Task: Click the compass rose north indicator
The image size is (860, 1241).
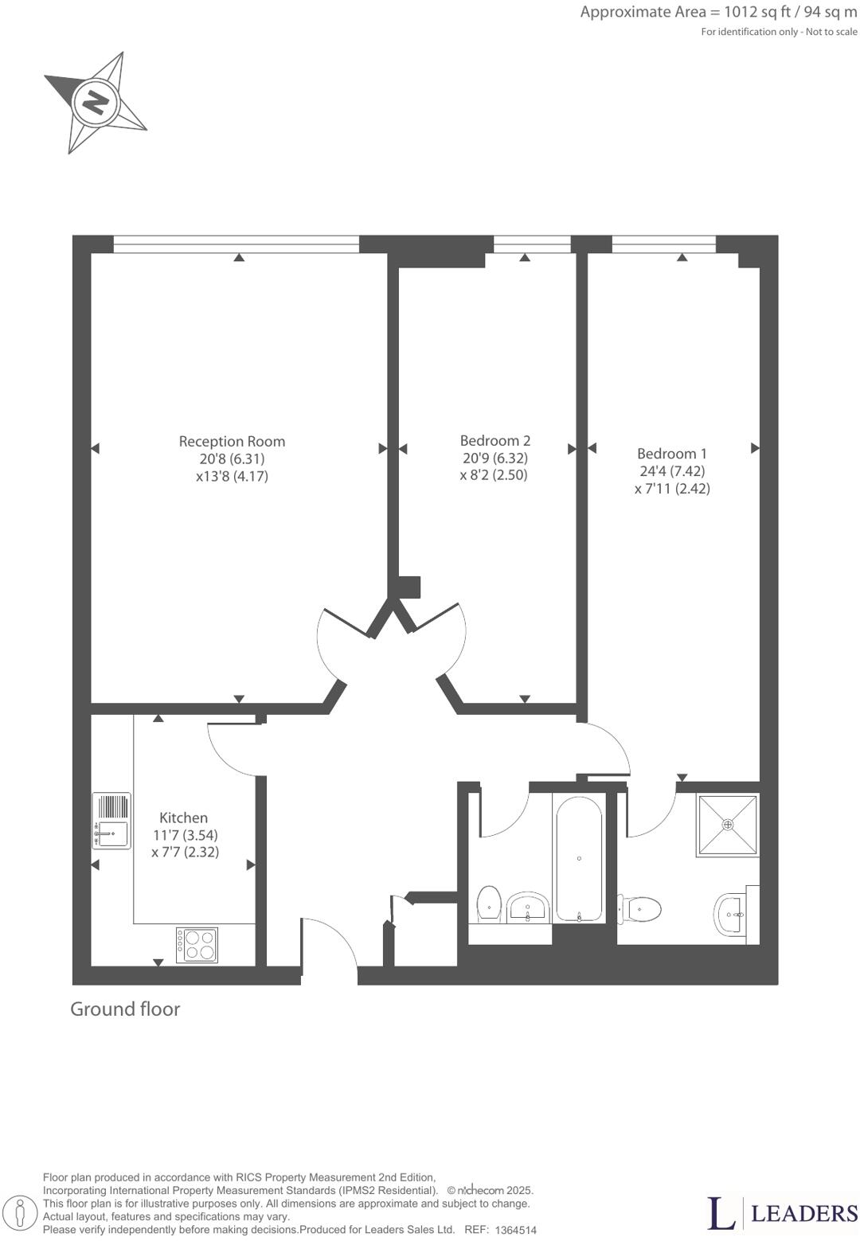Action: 96,103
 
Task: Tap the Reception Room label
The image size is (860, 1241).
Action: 232,441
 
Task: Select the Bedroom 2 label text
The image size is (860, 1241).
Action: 494,440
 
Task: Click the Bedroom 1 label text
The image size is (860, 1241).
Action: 671,454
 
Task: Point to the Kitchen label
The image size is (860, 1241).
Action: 183,818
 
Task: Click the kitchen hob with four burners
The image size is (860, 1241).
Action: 197,945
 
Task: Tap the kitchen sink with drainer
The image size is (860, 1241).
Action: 111,821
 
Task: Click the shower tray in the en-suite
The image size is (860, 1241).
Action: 727,825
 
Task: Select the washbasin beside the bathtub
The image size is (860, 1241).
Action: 528,907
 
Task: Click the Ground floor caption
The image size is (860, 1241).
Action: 125,1009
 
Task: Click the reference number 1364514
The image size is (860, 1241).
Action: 515,1230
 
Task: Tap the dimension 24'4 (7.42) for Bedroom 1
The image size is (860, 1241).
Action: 671,471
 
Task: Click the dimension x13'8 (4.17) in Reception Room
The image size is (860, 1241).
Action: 232,477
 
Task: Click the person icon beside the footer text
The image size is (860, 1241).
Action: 25,1213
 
